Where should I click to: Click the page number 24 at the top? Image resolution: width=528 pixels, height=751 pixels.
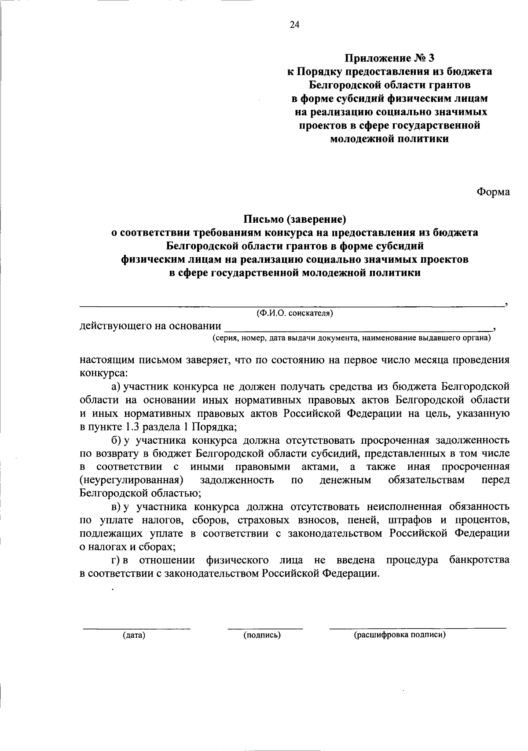pyautogui.click(x=294, y=26)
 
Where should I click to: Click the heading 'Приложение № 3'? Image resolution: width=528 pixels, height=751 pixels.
pyautogui.click(x=389, y=58)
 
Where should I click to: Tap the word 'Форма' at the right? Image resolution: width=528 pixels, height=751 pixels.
pyautogui.click(x=493, y=192)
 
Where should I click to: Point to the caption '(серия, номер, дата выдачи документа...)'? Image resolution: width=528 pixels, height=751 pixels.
pyautogui.click(x=351, y=338)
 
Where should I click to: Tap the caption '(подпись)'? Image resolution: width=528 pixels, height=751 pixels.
pyautogui.click(x=262, y=635)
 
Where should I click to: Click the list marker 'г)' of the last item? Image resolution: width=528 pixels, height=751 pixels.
pyautogui.click(x=116, y=560)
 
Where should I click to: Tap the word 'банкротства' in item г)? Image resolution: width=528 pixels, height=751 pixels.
pyautogui.click(x=480, y=560)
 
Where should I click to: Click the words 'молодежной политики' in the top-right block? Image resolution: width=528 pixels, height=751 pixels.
pyautogui.click(x=389, y=139)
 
